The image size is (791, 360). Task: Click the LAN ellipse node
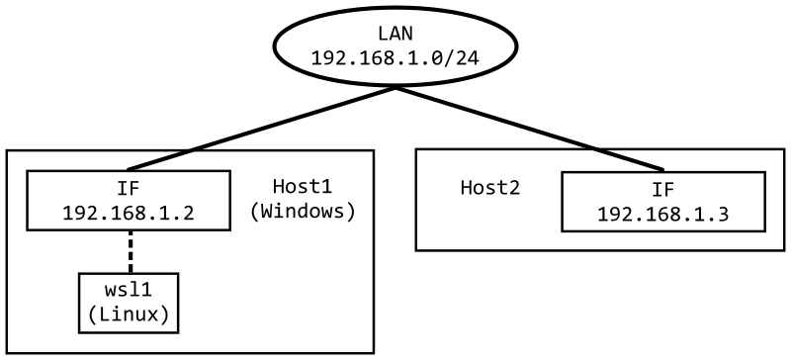click(x=395, y=46)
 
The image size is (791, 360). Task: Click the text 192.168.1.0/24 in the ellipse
click(x=395, y=58)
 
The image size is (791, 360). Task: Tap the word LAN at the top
click(x=395, y=36)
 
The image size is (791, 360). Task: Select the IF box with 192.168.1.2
click(x=129, y=200)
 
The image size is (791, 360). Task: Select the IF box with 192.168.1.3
click(x=662, y=202)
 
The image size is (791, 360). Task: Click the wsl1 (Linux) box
click(x=129, y=303)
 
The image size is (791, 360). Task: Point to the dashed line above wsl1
click(x=130, y=251)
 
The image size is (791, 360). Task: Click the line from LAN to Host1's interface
click(x=262, y=129)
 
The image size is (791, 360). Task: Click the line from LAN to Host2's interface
click(x=529, y=129)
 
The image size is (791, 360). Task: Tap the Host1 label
click(x=302, y=186)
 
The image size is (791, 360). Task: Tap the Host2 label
click(x=489, y=188)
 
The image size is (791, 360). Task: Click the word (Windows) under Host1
click(x=302, y=211)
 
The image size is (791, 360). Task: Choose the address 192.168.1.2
click(x=129, y=212)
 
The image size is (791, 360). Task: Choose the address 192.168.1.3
click(x=662, y=214)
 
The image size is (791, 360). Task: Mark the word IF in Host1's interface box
click(x=129, y=188)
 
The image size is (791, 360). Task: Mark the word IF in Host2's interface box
click(x=662, y=190)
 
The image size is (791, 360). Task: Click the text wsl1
click(x=129, y=291)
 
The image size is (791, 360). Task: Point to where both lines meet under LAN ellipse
click(x=395, y=88)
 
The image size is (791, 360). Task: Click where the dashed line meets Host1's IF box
click(x=130, y=230)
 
